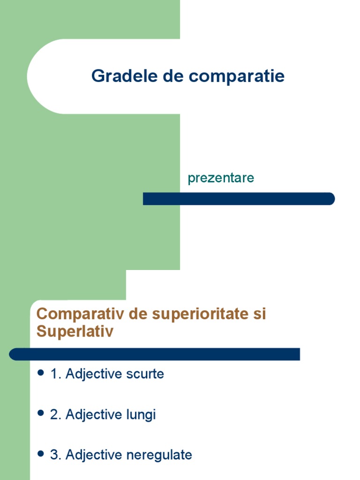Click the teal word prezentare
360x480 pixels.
[x=221, y=178]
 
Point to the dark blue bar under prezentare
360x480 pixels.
[x=239, y=199]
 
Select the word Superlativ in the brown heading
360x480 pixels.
[x=75, y=331]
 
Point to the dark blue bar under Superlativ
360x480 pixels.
[x=155, y=354]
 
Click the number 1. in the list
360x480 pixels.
[x=56, y=374]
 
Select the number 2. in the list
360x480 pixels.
[x=56, y=415]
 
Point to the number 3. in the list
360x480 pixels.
[x=56, y=455]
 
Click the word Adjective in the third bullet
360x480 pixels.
[x=94, y=455]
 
